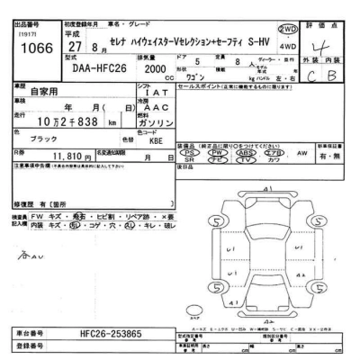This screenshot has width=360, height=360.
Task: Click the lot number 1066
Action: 31,48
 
